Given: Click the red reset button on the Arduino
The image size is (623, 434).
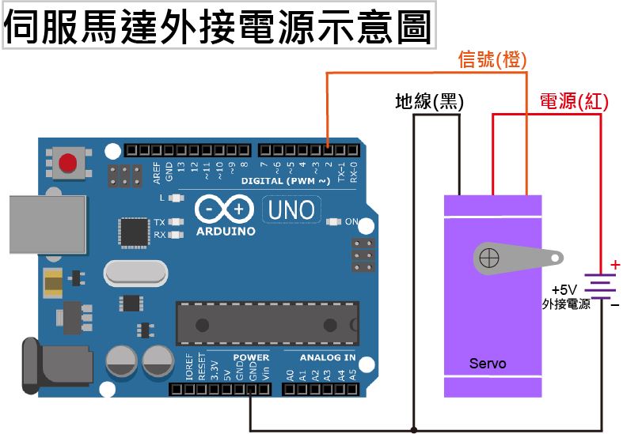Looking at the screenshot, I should point(68,163).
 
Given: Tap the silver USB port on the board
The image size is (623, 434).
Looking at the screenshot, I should point(47,225).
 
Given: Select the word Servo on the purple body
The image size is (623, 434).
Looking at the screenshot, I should point(488,364).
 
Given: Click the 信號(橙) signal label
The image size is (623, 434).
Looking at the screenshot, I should point(492,60).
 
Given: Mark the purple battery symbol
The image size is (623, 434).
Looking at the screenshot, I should point(602,289).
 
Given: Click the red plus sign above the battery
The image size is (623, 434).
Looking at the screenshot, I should point(615,265).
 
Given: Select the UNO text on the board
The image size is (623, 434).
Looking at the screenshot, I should point(291,210).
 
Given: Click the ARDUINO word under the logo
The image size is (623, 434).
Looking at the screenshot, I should point(226,232).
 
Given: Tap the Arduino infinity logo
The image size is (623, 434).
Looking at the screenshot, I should point(225,210).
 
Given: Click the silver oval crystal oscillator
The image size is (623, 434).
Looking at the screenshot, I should point(135,274).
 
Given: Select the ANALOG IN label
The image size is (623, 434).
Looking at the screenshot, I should point(327,357).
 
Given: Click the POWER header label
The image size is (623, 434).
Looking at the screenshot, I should point(251,357).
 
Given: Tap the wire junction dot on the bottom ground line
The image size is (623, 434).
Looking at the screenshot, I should point(413,430).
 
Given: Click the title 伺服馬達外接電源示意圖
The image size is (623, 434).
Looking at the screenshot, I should point(218,27).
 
